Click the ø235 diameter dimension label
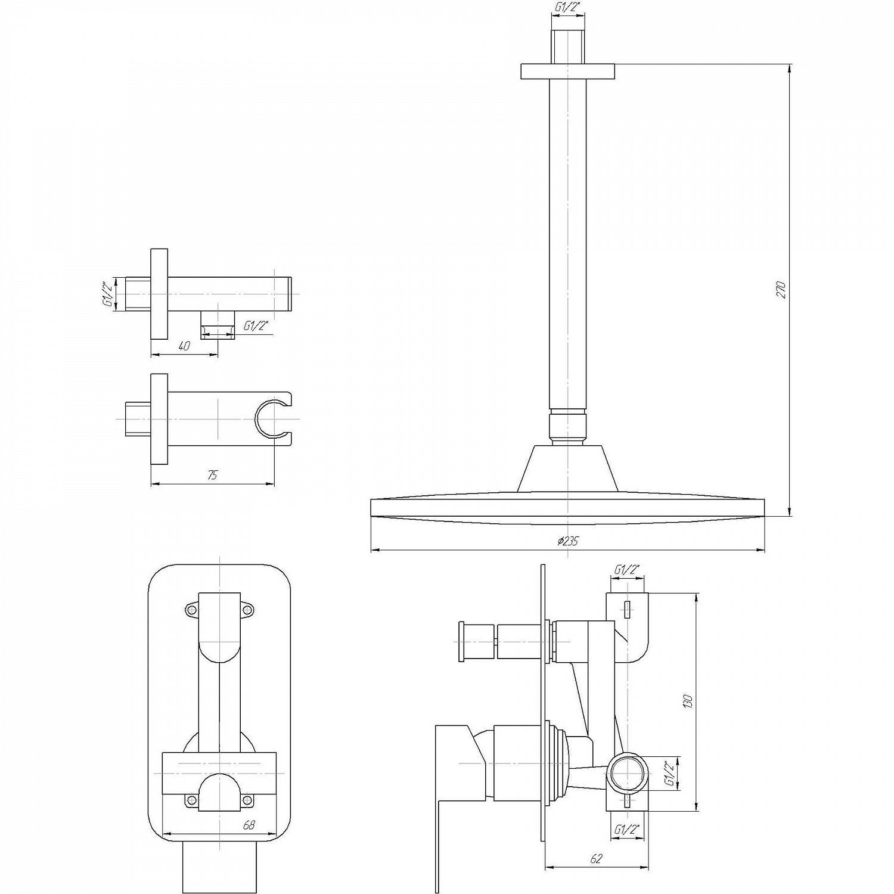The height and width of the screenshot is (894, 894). (x=568, y=541)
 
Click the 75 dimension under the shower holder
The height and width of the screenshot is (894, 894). (x=213, y=475)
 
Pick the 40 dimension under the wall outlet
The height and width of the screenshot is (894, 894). (x=184, y=346)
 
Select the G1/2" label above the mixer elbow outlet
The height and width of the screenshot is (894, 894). (x=628, y=569)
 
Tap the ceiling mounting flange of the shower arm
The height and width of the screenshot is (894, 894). (x=567, y=72)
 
